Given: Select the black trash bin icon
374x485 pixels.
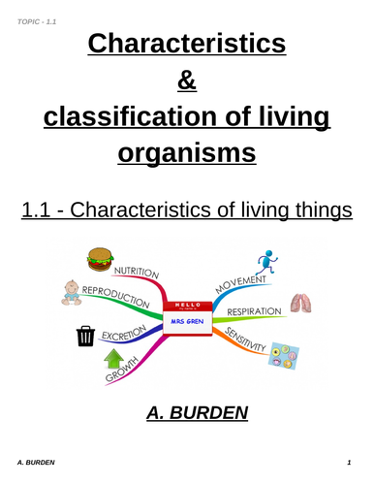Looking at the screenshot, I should coord(84,337).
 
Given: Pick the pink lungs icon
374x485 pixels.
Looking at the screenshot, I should coord(301,303).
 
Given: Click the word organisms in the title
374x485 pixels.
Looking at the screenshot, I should coord(187,151).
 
